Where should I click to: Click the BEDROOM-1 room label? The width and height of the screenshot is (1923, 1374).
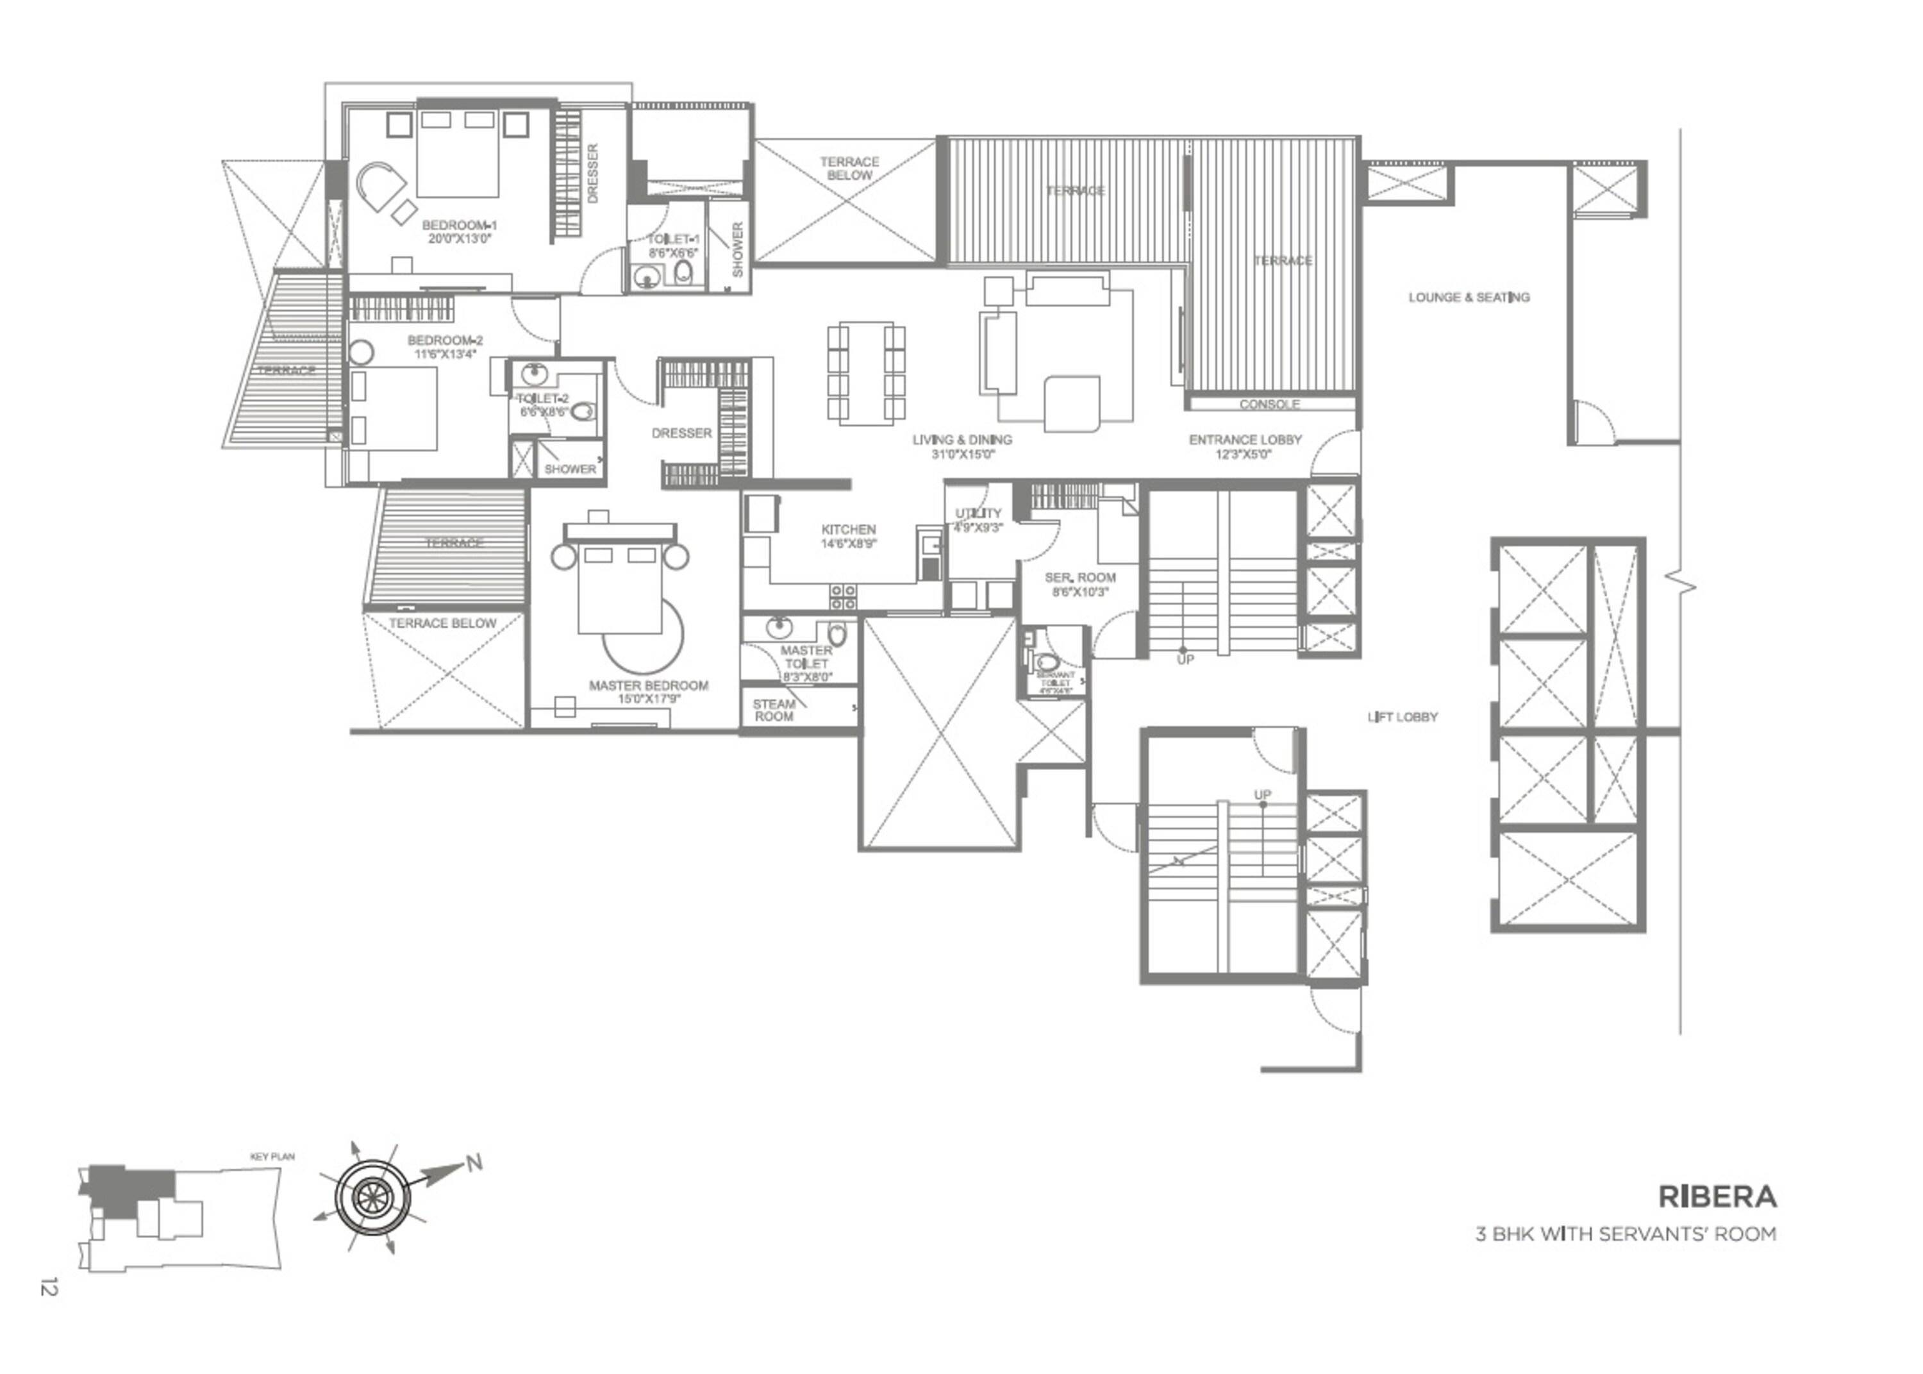pos(458,225)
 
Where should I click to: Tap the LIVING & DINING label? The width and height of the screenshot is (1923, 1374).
pos(961,440)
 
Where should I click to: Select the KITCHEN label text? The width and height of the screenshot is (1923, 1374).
pos(848,530)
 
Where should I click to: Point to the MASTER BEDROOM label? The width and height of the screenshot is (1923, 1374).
pos(648,685)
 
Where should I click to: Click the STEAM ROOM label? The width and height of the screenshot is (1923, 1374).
pos(774,710)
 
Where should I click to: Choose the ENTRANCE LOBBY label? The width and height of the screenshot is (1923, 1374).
pos(1245,440)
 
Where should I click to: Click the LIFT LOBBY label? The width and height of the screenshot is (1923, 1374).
pos(1402,717)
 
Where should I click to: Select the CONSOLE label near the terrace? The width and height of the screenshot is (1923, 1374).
pos(1269,405)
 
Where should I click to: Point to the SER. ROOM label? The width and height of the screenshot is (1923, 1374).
pos(1080,578)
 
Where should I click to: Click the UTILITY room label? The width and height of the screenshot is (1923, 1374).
pos(978,514)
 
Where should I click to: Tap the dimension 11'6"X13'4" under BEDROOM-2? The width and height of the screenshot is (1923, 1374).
pos(445,354)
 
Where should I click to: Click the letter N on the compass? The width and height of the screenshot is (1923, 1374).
pos(474,1162)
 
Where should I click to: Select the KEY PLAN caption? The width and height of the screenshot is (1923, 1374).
pos(272,1157)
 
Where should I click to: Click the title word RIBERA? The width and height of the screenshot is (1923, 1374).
pos(1717,1196)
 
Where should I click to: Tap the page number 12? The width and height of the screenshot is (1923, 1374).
pos(48,1287)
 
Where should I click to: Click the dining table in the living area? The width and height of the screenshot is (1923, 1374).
pos(866,373)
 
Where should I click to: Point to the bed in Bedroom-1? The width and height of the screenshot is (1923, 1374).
pos(456,156)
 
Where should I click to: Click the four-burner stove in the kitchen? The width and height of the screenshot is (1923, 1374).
pos(842,596)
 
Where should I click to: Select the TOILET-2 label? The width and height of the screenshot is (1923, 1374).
pos(543,399)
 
